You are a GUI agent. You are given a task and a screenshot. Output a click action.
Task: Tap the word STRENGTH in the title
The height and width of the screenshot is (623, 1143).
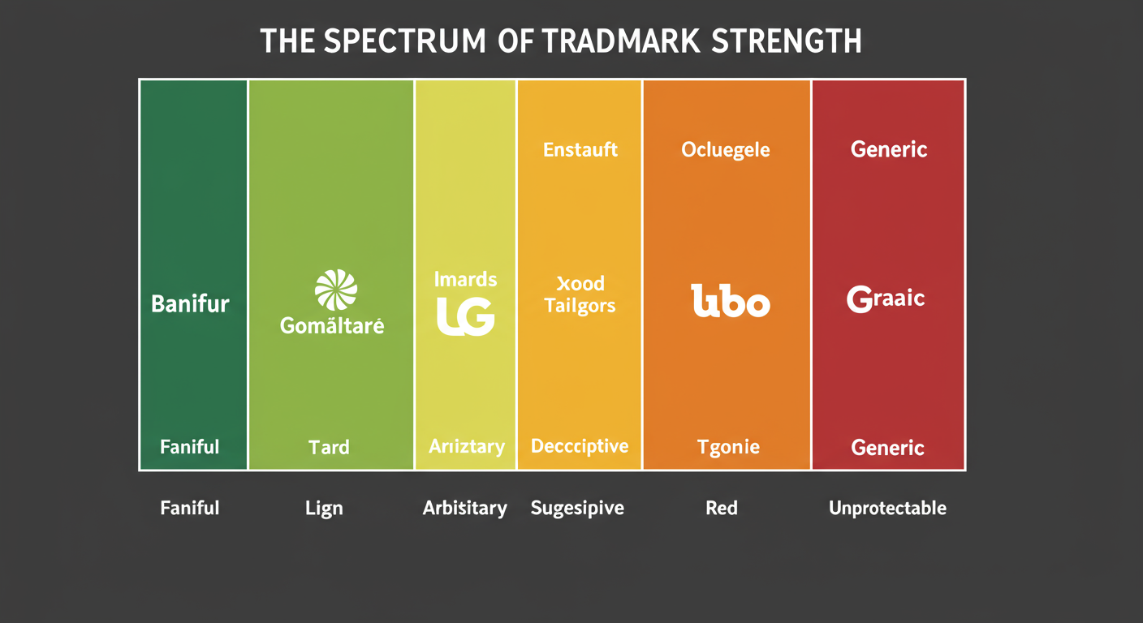[x=787, y=41]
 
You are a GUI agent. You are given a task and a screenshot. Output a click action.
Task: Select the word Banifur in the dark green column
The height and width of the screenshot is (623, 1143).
[x=190, y=304]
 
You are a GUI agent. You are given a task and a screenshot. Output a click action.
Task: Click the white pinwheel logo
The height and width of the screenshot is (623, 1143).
[x=335, y=290]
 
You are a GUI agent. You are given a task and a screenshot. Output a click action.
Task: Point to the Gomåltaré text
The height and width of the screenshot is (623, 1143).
[x=332, y=326]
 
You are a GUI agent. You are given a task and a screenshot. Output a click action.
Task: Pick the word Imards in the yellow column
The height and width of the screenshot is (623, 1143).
[x=465, y=280]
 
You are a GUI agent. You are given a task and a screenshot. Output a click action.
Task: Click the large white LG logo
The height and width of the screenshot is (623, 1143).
[x=465, y=316]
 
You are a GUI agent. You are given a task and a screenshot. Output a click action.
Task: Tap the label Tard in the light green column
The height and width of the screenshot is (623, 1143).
[x=329, y=447]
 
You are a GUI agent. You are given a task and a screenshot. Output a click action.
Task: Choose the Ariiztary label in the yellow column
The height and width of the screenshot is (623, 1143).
[x=466, y=446]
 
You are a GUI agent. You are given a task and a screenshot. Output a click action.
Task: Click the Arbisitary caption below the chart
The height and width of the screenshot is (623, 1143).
[x=465, y=509]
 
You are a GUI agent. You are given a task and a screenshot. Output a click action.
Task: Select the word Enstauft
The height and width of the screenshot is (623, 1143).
[x=580, y=149]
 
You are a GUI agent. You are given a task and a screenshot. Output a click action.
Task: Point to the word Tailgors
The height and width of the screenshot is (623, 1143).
[x=580, y=306]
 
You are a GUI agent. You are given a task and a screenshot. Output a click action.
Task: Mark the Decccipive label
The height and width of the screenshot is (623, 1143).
[x=580, y=446]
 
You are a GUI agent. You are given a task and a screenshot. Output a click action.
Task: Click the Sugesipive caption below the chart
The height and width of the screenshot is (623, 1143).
[x=577, y=509]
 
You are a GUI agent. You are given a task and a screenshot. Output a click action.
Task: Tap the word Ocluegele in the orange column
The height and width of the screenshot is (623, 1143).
[x=726, y=150]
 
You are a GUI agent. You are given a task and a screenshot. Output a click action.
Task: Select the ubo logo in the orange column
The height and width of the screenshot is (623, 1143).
[x=730, y=301]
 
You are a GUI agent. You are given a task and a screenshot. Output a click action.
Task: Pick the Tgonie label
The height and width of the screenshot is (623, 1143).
[x=728, y=447]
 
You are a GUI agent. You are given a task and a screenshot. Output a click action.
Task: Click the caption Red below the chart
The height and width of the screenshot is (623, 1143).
[x=722, y=509]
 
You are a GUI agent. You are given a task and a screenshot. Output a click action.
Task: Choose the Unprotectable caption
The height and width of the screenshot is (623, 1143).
[x=887, y=509]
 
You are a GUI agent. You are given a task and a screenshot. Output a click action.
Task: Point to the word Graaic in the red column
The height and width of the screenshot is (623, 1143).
[x=886, y=299]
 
